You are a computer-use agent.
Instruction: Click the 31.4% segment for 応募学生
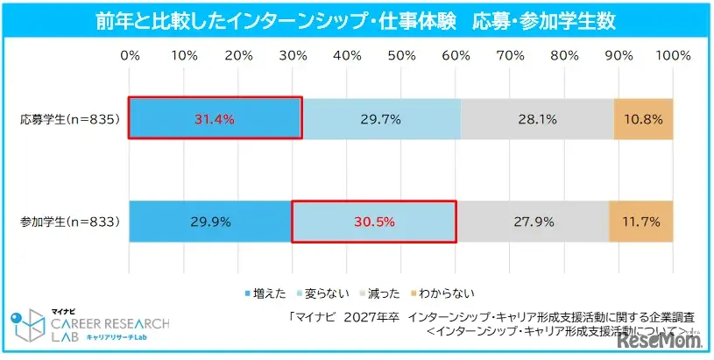tap(215, 117)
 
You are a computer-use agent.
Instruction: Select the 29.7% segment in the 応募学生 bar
tap(381, 117)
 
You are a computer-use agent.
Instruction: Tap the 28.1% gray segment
tap(537, 117)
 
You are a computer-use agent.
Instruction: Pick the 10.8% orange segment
tap(644, 117)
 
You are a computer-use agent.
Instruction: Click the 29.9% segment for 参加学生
tap(209, 222)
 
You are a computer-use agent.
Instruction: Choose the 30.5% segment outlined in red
tap(373, 222)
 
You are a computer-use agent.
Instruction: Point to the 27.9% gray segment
tap(533, 222)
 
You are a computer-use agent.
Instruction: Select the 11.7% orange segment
tap(641, 222)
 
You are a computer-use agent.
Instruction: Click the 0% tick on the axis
tap(130, 55)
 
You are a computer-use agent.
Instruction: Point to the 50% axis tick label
tap(401, 55)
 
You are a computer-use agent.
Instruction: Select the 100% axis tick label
tap(673, 55)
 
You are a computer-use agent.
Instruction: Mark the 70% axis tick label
tap(510, 55)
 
